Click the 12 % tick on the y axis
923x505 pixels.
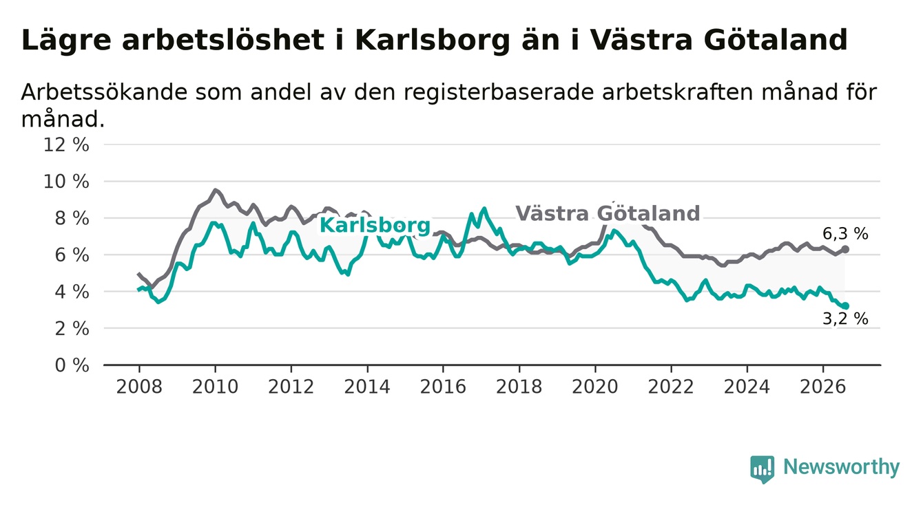click(x=66, y=145)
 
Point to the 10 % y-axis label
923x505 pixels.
click(x=66, y=182)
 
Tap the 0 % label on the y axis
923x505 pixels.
click(x=72, y=365)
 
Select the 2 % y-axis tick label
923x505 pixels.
click(x=72, y=329)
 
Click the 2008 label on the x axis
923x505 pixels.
click(x=139, y=387)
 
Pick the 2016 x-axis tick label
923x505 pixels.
click(x=443, y=387)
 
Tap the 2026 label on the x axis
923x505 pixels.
click(x=823, y=387)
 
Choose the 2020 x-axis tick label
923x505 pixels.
click(x=595, y=387)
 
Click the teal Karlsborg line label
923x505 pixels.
click(x=375, y=226)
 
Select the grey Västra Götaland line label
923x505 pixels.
click(x=608, y=213)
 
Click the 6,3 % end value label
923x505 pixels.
click(x=845, y=234)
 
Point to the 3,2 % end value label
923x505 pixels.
click(x=845, y=319)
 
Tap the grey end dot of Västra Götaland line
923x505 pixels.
click(x=845, y=250)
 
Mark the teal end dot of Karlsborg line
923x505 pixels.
click(x=846, y=305)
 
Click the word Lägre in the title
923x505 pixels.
click(x=66, y=41)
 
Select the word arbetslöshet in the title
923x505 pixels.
click(x=223, y=40)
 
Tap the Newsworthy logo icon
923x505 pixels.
click(x=763, y=469)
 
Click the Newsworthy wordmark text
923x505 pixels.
click(x=842, y=467)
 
